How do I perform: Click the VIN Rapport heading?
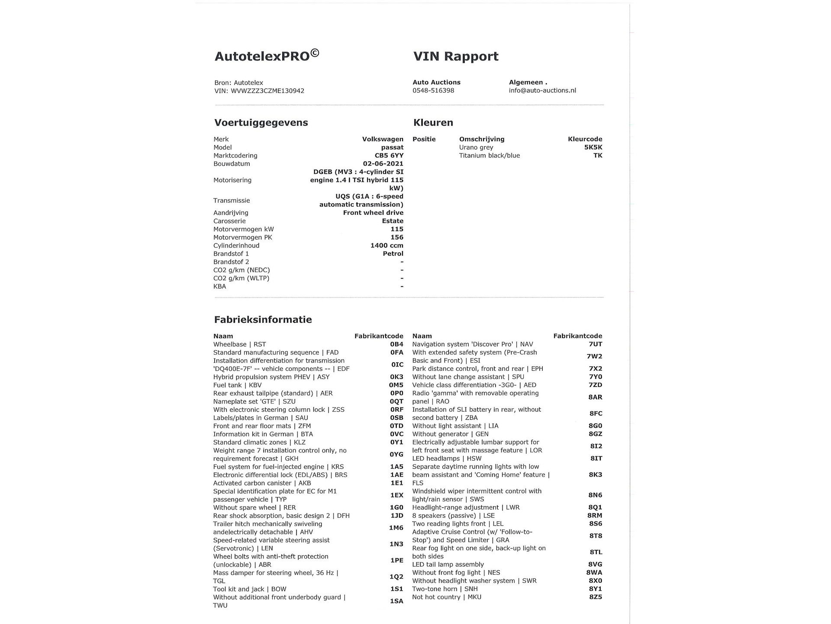tap(456, 56)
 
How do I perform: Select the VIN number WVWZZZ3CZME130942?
tap(267, 91)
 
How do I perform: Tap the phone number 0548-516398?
tap(433, 91)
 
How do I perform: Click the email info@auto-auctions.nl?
tap(542, 91)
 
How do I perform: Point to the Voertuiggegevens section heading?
tap(261, 123)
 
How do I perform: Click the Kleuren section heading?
tap(433, 123)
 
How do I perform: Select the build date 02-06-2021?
tap(383, 164)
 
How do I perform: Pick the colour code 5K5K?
tap(593, 147)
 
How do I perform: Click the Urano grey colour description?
tap(476, 147)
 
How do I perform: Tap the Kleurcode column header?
tap(585, 139)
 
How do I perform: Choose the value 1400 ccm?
tap(387, 246)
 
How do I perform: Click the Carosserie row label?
tap(229, 221)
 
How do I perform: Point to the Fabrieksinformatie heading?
tap(263, 320)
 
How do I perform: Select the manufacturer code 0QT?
tap(396, 402)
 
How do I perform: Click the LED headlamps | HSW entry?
tap(447, 458)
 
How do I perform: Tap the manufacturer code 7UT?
tap(595, 344)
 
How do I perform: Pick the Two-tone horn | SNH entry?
tap(445, 589)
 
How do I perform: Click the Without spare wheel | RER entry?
tap(254, 508)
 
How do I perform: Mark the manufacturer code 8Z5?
tap(596, 597)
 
